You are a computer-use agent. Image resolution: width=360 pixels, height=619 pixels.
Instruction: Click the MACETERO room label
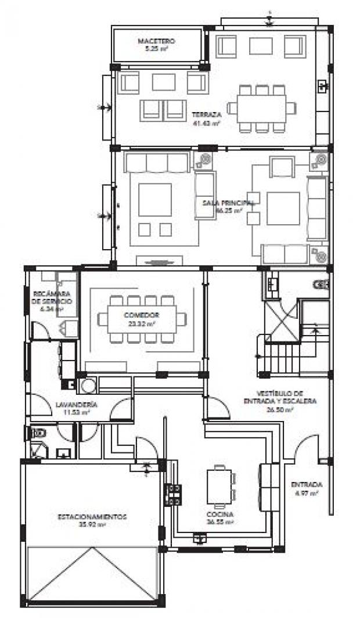coord(156,41)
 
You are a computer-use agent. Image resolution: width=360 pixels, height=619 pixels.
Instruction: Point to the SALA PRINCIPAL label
coord(228,203)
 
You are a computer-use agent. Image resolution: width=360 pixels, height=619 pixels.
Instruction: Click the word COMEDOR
coord(141,315)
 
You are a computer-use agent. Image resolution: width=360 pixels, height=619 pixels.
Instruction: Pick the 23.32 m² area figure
coord(141,323)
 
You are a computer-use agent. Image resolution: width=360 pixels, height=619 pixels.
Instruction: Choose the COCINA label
coord(219,514)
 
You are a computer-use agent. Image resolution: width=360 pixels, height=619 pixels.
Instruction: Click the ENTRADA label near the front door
coord(307,484)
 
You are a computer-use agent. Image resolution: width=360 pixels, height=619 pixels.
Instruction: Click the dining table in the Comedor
coord(142,319)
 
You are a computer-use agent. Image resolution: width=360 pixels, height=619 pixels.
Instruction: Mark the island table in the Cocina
coord(219,487)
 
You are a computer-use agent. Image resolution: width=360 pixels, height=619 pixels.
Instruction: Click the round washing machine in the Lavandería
coord(88,386)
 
